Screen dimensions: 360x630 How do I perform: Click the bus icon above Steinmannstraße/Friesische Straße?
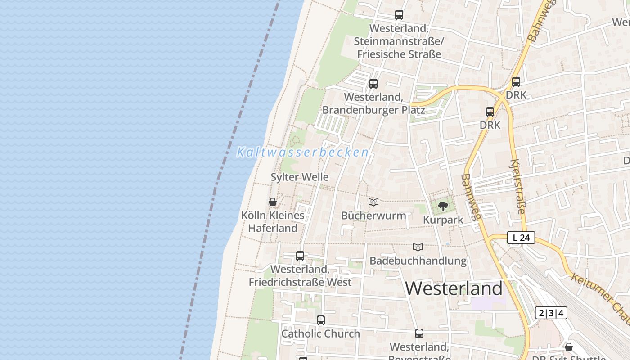pos(399,15)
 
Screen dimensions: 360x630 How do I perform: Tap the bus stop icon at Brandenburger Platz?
pos(373,83)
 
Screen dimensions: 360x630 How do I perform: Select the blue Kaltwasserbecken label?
pos(303,153)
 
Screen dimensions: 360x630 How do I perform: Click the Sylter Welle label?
pos(299,177)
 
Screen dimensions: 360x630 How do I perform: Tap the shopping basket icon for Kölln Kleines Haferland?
pos(272,202)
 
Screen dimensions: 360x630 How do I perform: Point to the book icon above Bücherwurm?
pos(373,202)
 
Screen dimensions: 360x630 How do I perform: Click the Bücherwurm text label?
pos(373,216)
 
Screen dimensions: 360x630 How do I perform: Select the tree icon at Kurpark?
pos(443,207)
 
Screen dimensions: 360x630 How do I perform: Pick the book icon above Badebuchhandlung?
pos(418,247)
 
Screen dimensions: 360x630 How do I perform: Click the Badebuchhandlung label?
pos(418,261)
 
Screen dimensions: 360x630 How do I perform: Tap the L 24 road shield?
pos(521,238)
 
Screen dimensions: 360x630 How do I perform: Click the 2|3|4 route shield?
pos(551,313)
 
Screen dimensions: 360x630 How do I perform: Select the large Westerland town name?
pos(454,288)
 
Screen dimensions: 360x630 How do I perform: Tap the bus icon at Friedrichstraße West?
pos(300,256)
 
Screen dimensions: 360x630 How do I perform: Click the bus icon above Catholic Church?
pos(320,320)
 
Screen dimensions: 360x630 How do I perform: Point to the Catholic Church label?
pos(320,334)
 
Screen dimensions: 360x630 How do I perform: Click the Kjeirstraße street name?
pos(518,186)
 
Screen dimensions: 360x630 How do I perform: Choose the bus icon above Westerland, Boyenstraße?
pos(419,333)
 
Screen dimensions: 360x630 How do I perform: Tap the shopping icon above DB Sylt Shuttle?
pos(569,347)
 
